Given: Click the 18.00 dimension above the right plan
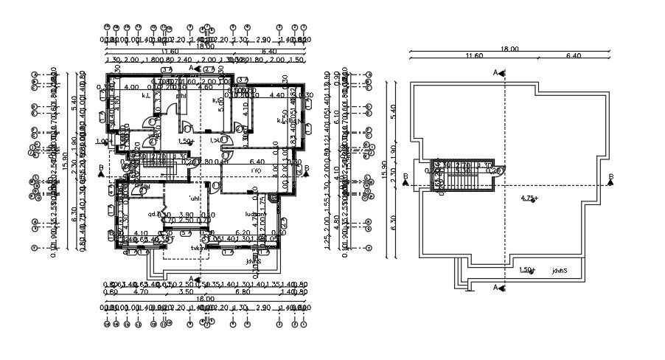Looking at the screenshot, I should click(509, 49).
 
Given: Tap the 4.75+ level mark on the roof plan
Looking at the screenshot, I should click(529, 198).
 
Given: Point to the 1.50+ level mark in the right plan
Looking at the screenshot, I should click(526, 270).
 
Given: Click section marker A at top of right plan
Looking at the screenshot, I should click(497, 72).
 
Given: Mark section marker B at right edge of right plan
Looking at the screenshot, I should click(610, 177).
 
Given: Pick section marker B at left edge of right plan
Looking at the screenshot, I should click(405, 177).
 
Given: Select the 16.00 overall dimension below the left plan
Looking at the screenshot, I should click(205, 299).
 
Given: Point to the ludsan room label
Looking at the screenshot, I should click(257, 215).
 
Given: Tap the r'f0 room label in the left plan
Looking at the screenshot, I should click(256, 171).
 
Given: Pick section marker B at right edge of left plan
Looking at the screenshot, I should click(305, 170).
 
